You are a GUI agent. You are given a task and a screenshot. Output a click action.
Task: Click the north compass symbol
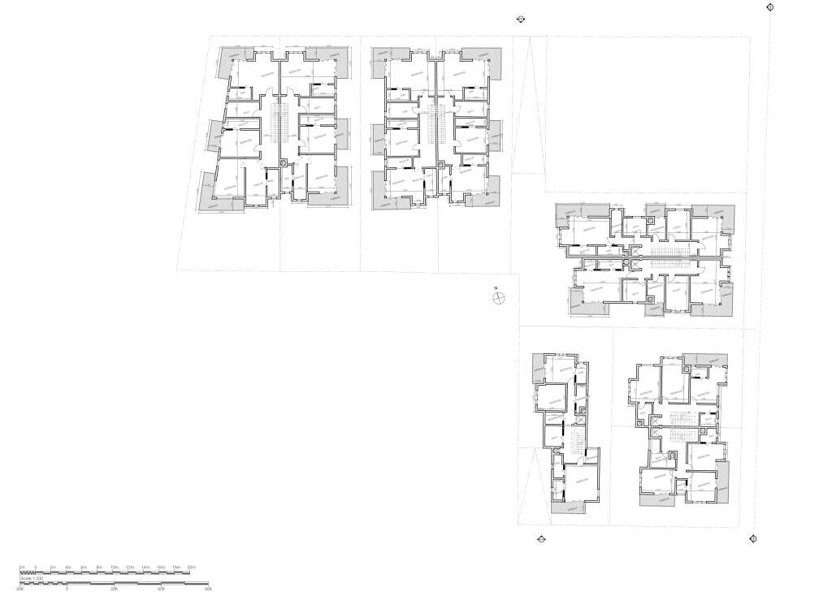pos(499,299)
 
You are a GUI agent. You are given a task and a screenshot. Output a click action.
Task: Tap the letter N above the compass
pos(494,288)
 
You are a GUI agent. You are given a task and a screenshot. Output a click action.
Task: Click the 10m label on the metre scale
pos(115,567)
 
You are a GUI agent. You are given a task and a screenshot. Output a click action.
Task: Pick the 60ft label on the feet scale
pos(208,589)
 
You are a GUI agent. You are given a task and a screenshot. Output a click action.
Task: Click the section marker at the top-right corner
pos(770,7)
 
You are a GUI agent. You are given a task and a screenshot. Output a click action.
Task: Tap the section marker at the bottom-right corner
pos(753,538)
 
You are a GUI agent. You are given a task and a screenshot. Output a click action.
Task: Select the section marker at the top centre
pos(522,21)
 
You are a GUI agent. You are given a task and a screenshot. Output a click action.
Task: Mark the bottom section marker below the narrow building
pos(539,538)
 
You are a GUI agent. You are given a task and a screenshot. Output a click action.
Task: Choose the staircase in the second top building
pos(436,123)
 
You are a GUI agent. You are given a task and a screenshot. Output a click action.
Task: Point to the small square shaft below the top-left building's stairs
pos(283,162)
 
